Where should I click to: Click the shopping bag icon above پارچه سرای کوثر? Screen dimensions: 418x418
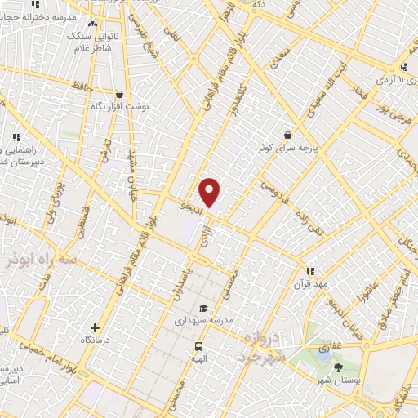(287, 136)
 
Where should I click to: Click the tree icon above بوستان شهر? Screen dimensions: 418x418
(339, 367)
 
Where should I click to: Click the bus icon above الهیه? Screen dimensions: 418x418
(198, 345)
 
